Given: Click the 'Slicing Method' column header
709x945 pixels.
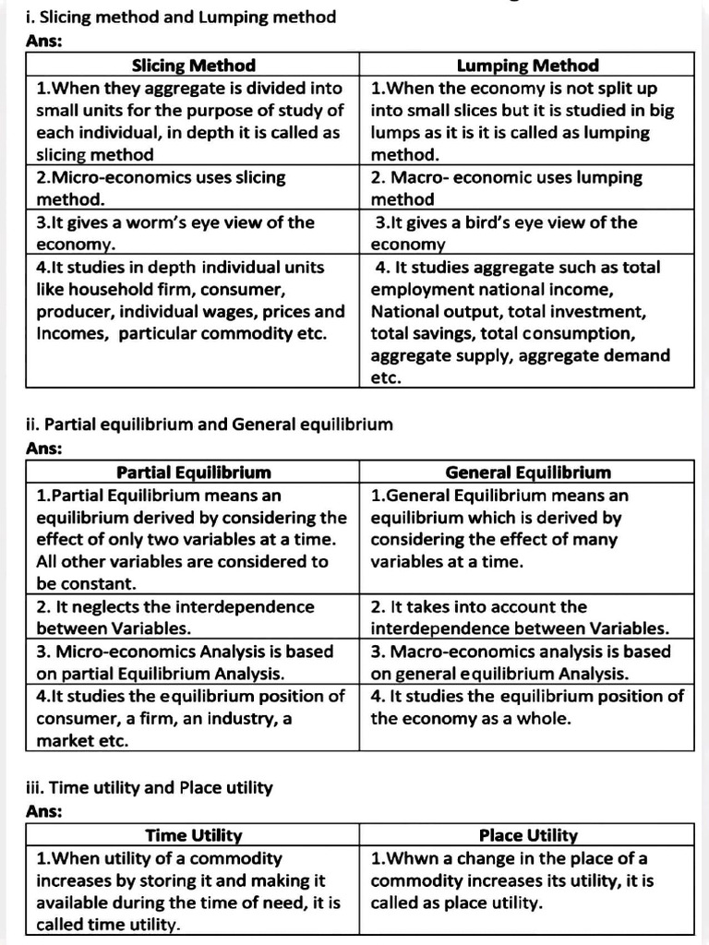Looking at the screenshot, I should click(193, 66).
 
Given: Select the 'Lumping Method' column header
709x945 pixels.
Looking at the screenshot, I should click(527, 66).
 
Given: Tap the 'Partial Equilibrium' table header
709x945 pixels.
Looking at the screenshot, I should click(193, 472).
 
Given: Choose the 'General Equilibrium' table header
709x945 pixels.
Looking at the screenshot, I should click(527, 472).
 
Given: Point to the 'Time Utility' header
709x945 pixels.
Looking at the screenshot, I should click(193, 835).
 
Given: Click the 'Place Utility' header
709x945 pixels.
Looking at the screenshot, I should click(527, 835).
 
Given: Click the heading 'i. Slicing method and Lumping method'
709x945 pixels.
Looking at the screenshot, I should click(181, 18).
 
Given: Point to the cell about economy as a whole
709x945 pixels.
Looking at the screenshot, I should click(527, 707).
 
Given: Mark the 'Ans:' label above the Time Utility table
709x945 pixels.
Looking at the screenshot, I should click(44, 811).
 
